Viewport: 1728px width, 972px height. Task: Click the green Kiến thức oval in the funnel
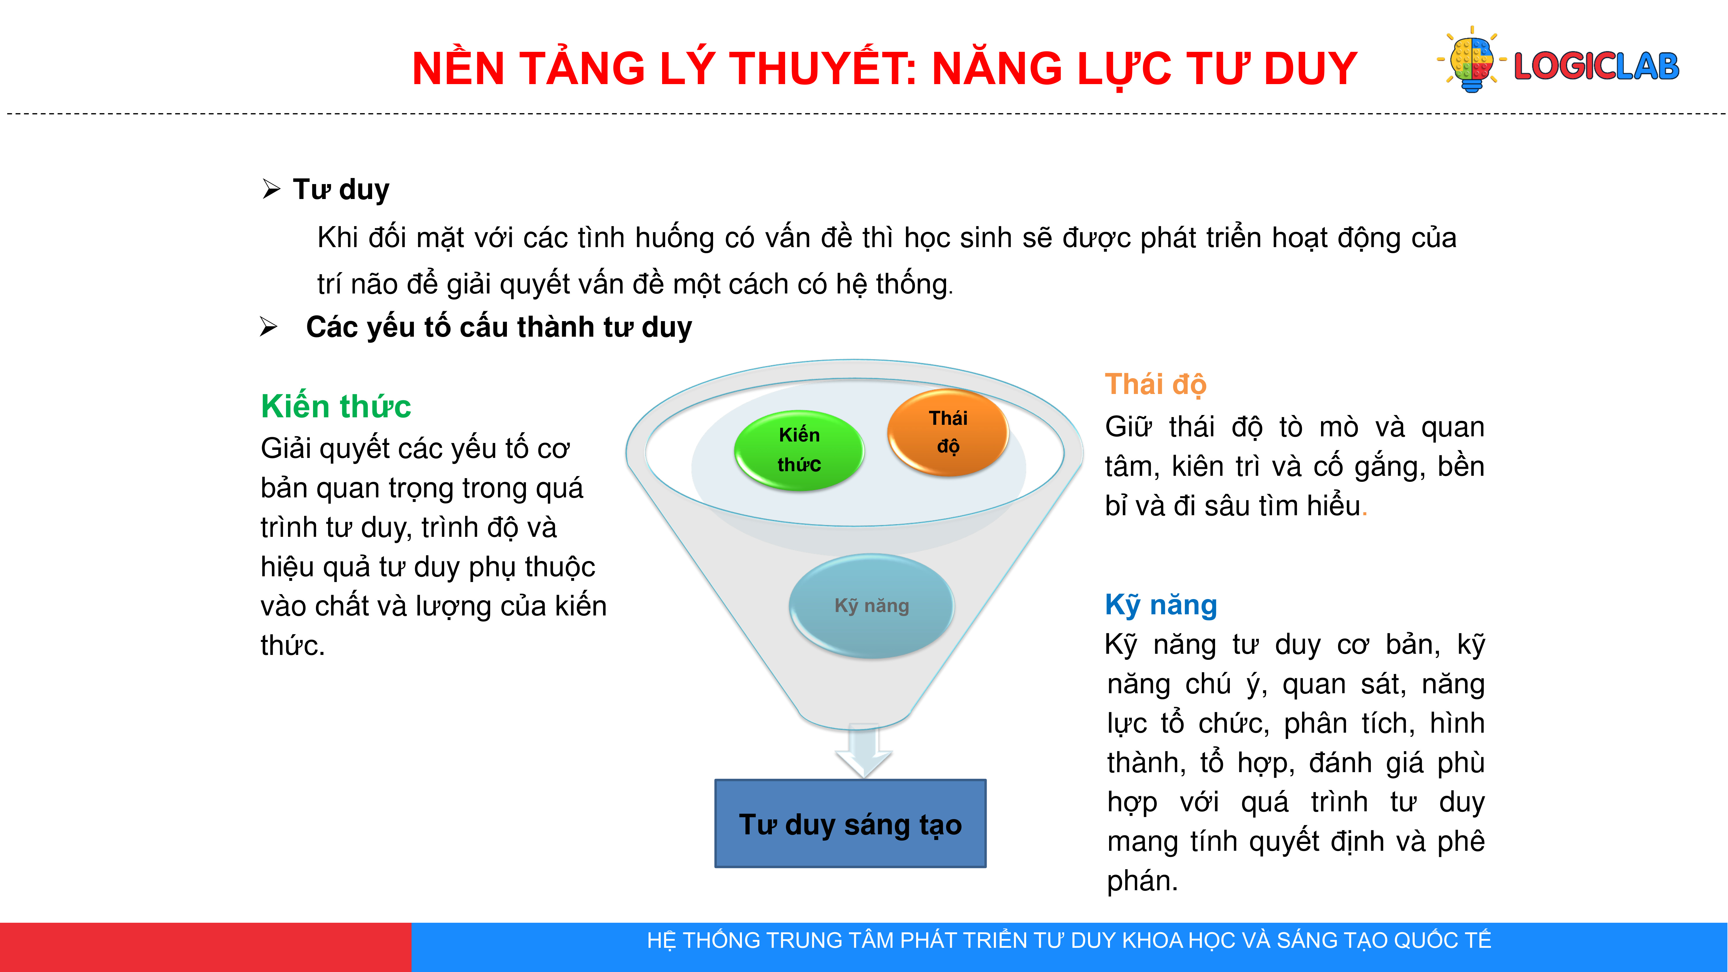coord(799,450)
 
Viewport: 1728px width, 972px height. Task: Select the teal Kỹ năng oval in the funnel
coord(871,606)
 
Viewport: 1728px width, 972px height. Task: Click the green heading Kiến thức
coord(336,406)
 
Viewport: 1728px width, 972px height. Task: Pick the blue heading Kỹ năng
coord(1161,605)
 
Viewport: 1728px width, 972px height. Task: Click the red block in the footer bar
coord(205,947)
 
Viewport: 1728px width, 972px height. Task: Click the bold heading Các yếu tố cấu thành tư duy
coord(499,327)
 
